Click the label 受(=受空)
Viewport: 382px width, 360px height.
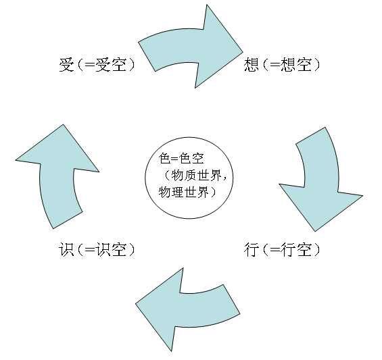(97, 66)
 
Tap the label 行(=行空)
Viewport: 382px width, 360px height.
(281, 250)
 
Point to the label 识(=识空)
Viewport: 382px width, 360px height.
(97, 250)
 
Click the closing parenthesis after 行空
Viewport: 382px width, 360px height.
(315, 250)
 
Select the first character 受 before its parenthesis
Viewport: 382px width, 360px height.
(66, 66)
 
